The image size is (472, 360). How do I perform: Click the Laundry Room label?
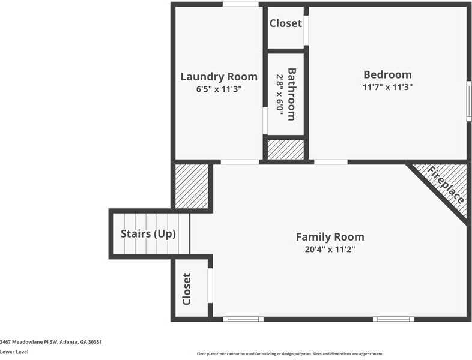[x=219, y=77]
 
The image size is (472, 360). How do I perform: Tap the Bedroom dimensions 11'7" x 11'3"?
[x=387, y=87]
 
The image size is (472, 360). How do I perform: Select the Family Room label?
[x=330, y=237]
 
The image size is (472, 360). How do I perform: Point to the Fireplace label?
[x=446, y=185]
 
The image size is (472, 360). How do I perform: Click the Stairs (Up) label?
[x=148, y=234]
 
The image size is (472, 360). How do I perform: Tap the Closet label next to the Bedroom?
[x=285, y=24]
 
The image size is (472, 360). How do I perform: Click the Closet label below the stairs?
[x=186, y=289]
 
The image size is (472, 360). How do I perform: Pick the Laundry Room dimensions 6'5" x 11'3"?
[x=219, y=89]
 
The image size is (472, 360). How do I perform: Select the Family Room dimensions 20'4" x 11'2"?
[x=330, y=250]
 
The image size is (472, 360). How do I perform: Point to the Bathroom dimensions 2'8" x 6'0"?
[x=279, y=94]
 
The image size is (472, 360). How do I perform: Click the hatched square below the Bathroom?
[x=285, y=149]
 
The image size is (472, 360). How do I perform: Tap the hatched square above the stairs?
[x=191, y=185]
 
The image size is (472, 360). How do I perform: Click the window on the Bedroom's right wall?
[x=468, y=101]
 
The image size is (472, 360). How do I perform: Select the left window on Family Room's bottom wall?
[x=243, y=319]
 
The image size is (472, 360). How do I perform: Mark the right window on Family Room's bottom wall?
[x=393, y=319]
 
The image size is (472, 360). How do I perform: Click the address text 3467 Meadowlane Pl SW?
[x=51, y=342]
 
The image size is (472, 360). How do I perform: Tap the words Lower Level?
[x=14, y=352]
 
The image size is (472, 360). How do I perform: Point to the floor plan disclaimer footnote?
[x=289, y=354]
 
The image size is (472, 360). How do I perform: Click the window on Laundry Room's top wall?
[x=241, y=4]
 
